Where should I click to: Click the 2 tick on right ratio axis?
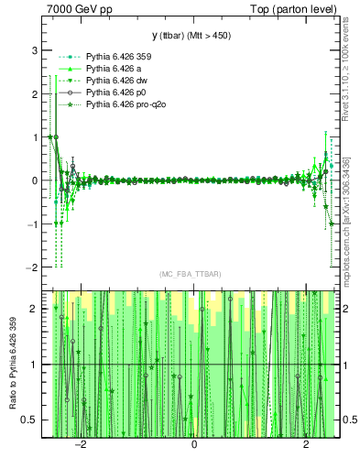coord(346,309)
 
